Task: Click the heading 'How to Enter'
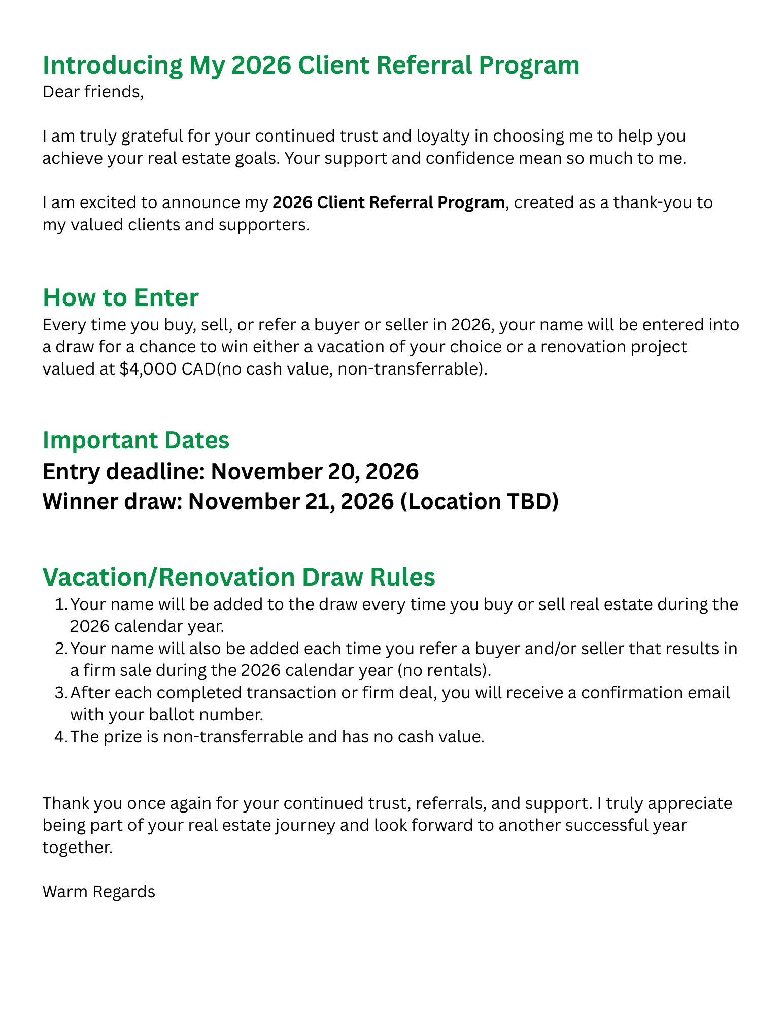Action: click(x=120, y=298)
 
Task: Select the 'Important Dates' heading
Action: click(x=136, y=440)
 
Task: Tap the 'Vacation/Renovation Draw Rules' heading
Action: click(x=238, y=577)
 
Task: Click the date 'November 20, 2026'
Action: click(x=314, y=471)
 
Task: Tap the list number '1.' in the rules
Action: click(x=60, y=605)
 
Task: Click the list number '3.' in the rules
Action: click(x=60, y=693)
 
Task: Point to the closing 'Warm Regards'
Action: click(x=99, y=892)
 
